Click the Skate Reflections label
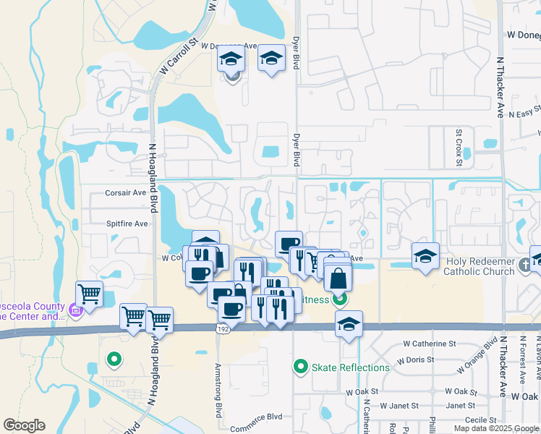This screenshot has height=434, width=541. click(350, 367)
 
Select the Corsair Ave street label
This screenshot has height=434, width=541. click(126, 193)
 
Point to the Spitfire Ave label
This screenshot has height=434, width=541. click(127, 224)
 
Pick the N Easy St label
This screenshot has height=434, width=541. click(524, 114)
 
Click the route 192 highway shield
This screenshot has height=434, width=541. click(223, 328)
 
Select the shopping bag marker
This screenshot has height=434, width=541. click(338, 277)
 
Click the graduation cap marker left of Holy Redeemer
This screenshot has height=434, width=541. click(425, 255)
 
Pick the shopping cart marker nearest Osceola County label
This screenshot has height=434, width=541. click(90, 293)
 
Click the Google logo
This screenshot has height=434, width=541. click(25, 426)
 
